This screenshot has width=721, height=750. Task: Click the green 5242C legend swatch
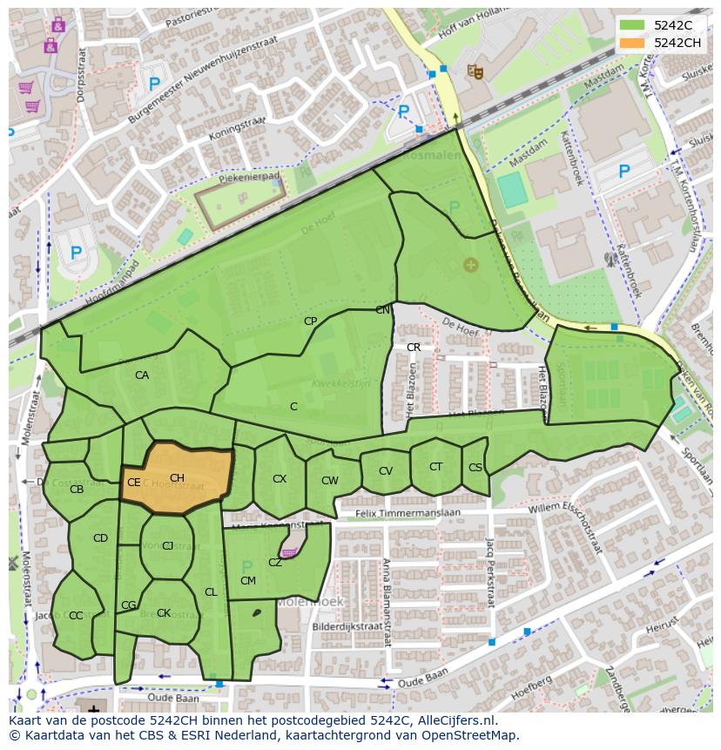point(633,26)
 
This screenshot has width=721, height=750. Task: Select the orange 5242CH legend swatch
point(633,43)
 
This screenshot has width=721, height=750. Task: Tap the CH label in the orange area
point(177,478)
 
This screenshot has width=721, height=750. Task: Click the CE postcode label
point(133,483)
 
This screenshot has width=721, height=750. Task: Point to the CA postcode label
point(142,375)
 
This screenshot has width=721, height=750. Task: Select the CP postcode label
point(310,321)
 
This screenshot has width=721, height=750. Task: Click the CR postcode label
point(414,348)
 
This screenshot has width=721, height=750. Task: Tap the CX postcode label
point(280,479)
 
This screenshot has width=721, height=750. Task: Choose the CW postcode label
point(329,481)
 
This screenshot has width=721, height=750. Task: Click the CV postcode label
point(386,471)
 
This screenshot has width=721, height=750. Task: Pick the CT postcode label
point(435,467)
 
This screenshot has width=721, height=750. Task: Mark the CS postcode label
point(475,468)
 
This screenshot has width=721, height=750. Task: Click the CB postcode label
point(77,490)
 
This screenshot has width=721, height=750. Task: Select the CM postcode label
point(248,581)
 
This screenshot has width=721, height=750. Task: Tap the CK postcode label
point(164,613)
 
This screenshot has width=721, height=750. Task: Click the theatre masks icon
point(475,71)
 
